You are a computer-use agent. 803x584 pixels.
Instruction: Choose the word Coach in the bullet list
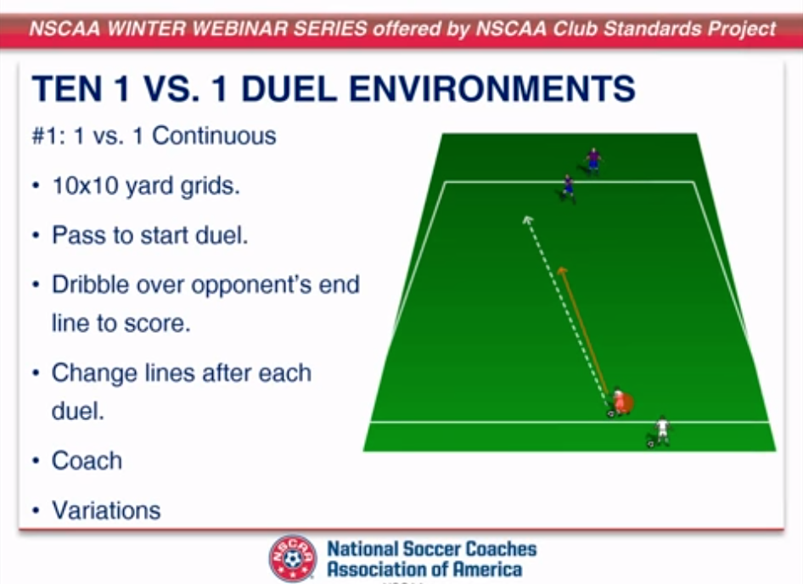[87, 461]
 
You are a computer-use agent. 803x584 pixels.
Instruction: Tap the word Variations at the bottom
[106, 510]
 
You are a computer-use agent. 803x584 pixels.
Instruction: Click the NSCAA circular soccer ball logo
[293, 558]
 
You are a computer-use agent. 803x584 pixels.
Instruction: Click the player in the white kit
[662, 430]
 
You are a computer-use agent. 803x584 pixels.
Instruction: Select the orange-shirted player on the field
[620, 401]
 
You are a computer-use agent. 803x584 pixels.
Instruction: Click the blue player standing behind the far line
[592, 159]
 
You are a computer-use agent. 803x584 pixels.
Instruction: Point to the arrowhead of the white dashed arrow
[526, 219]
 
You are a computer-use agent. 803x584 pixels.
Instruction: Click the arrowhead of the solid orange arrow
[561, 271]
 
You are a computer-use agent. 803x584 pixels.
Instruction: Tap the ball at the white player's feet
[651, 443]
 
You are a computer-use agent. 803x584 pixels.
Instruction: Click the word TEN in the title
[61, 89]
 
